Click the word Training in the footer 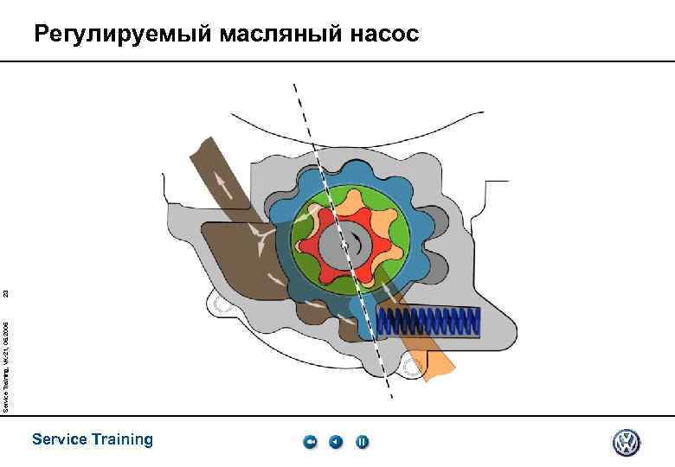(x=123, y=439)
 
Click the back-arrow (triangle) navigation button (x=336, y=443)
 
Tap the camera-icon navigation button (x=310, y=443)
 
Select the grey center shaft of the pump (x=343, y=245)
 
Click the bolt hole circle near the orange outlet (x=410, y=367)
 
